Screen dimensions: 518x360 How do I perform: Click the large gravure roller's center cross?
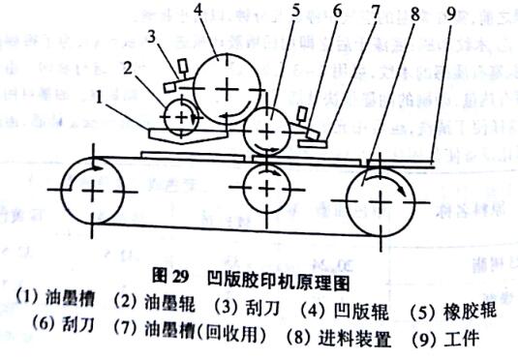click(226, 89)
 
